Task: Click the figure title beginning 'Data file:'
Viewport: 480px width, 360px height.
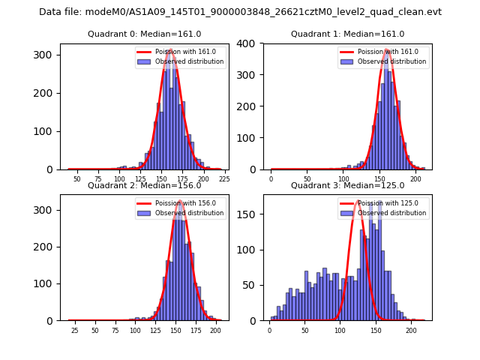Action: pyautogui.click(x=240, y=12)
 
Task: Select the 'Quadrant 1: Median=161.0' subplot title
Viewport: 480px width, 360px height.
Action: pyautogui.click(x=347, y=34)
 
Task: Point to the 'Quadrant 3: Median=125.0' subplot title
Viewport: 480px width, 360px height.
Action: pyautogui.click(x=347, y=185)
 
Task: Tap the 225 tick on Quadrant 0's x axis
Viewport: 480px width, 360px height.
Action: pyautogui.click(x=223, y=179)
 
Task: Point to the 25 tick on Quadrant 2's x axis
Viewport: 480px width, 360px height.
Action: pyautogui.click(x=74, y=331)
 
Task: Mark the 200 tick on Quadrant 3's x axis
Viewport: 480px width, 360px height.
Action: pyautogui.click(x=411, y=331)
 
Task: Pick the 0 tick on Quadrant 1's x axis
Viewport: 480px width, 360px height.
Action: pyautogui.click(x=271, y=179)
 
